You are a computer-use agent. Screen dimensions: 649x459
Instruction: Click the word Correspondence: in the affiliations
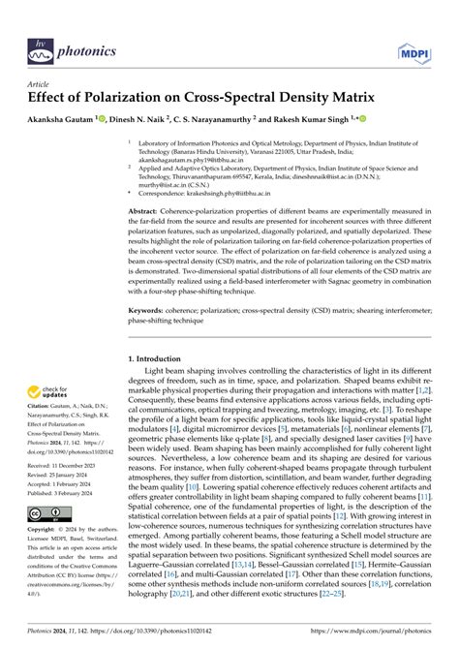click(168, 195)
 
